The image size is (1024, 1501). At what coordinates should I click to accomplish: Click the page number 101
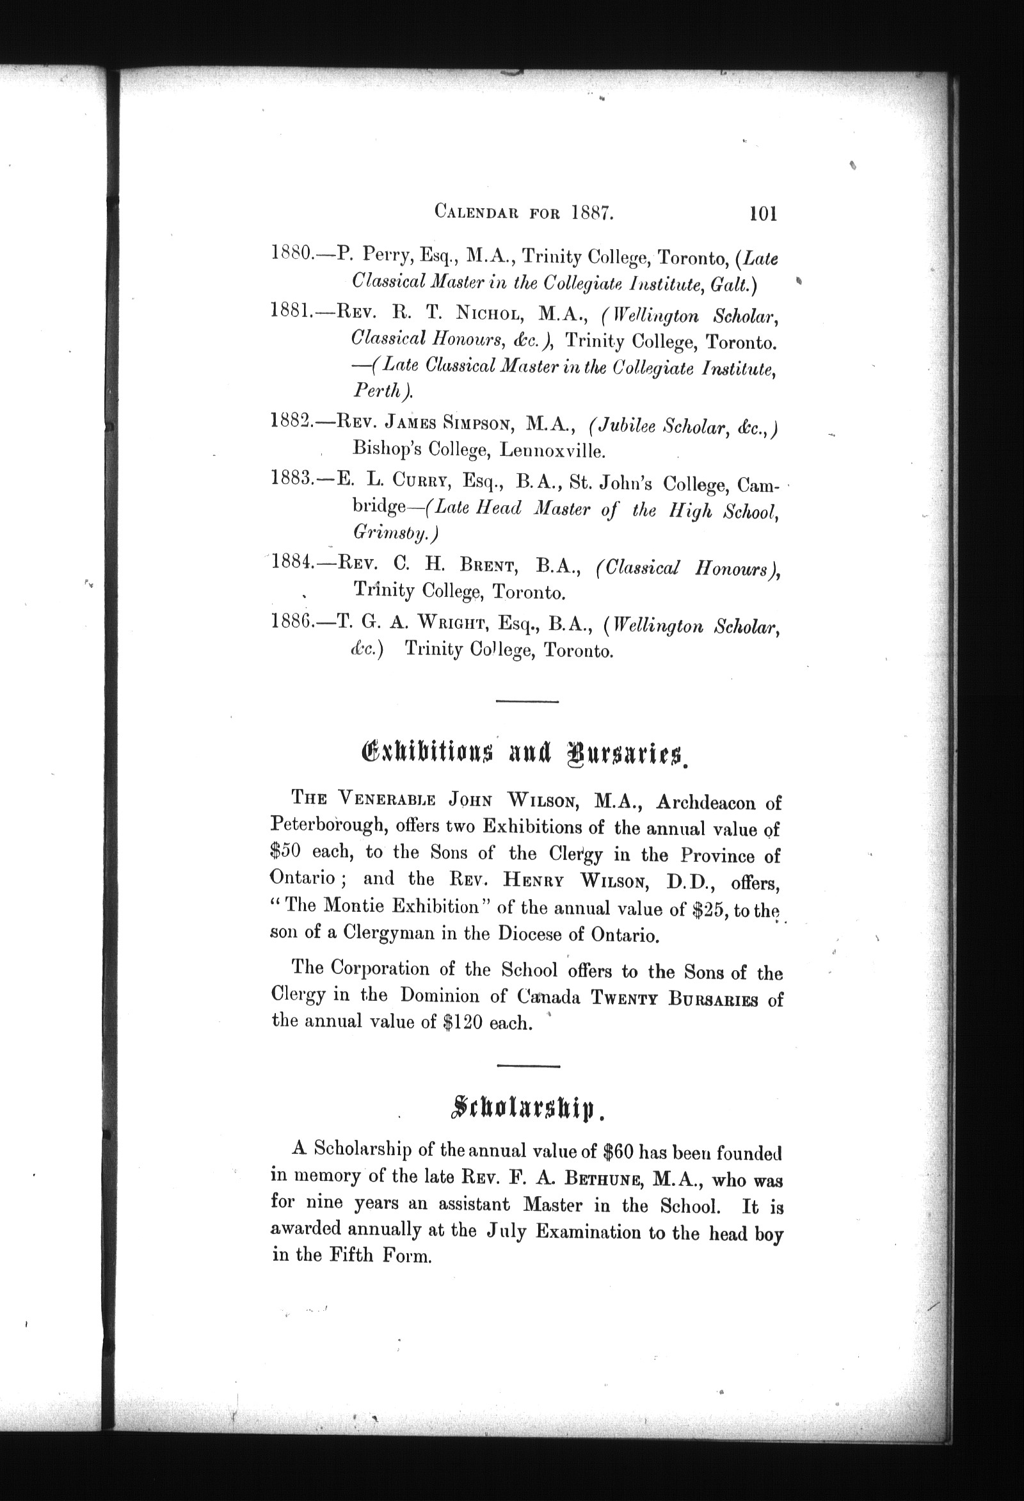coord(763,213)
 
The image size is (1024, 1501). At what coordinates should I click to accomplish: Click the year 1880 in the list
coord(291,252)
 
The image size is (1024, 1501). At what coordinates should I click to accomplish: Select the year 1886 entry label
coord(292,621)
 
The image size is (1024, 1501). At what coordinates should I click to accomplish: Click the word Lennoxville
coord(553,450)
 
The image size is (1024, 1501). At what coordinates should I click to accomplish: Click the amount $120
coord(463,1024)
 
